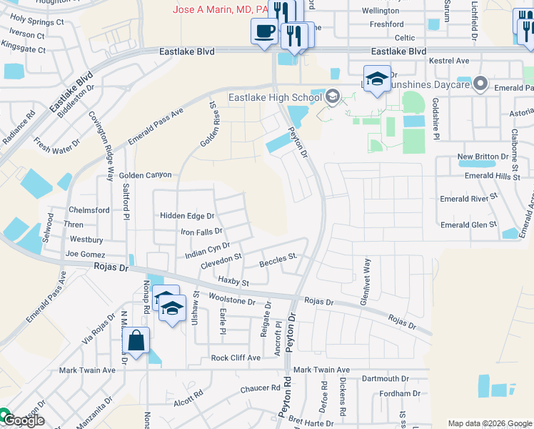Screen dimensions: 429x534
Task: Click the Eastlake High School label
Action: click(x=275, y=97)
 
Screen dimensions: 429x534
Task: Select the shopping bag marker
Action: click(x=136, y=342)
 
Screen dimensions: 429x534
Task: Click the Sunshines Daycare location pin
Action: click(x=481, y=84)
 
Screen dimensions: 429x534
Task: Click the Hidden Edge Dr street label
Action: click(x=187, y=216)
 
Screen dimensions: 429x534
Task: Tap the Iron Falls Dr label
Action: click(x=201, y=232)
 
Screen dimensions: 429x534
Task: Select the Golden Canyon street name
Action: click(x=145, y=175)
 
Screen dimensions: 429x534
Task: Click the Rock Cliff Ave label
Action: click(x=236, y=357)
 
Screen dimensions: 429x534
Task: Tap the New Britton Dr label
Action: click(x=483, y=157)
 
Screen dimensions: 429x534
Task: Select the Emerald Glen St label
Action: click(x=468, y=225)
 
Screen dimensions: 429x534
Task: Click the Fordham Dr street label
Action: click(x=400, y=393)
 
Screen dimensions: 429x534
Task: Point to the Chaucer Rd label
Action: click(x=260, y=388)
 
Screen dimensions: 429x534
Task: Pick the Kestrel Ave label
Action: click(x=448, y=61)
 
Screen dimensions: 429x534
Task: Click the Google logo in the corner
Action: click(x=24, y=420)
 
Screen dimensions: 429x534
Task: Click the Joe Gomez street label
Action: click(x=85, y=255)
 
